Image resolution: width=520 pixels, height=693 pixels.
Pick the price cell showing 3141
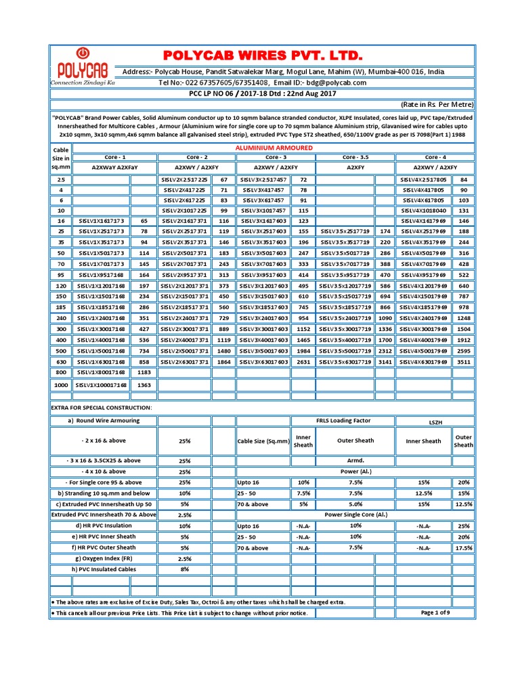[385, 361]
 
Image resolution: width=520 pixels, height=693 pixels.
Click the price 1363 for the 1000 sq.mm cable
[144, 384]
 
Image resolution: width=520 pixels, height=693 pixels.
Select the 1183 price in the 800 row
[144, 372]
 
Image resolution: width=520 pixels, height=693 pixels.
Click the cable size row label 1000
[61, 384]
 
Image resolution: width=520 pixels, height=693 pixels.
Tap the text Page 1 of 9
[439, 612]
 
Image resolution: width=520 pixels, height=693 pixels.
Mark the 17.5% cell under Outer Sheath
[464, 547]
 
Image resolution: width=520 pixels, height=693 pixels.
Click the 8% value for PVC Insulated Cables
[185, 569]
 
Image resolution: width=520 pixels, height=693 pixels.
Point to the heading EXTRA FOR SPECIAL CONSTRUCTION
[102, 409]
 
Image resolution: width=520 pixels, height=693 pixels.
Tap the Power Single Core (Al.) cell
[356, 514]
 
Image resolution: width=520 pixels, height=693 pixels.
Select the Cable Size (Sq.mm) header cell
[263, 441]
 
